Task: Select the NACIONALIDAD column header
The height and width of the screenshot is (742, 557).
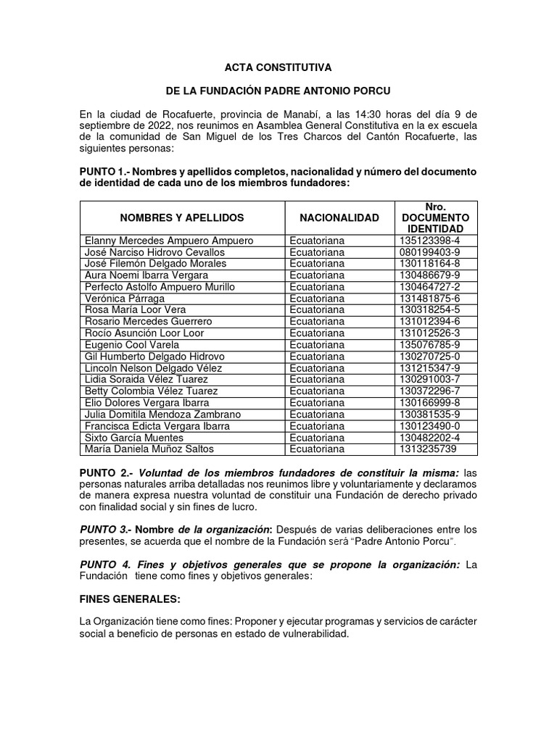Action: coord(339,217)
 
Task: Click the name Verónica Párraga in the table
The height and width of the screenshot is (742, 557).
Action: coord(125,299)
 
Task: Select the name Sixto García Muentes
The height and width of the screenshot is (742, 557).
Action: coord(134,438)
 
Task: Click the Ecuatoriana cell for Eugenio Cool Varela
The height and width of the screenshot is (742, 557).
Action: coord(316,345)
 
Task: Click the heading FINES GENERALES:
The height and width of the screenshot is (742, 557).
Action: coord(129,600)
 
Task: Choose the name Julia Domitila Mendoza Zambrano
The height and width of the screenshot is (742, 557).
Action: coord(163,414)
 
